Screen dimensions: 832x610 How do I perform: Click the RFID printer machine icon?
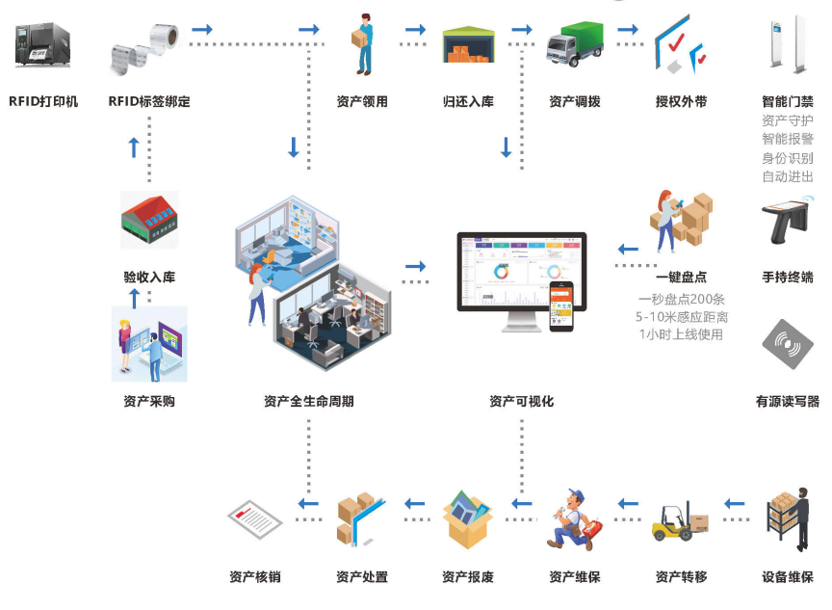(42, 44)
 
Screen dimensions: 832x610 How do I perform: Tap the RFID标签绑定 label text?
(149, 101)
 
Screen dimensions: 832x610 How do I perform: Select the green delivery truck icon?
(575, 44)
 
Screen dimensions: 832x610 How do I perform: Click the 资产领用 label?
(362, 101)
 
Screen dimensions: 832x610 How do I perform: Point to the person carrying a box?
(363, 44)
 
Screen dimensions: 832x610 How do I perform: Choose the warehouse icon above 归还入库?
(469, 44)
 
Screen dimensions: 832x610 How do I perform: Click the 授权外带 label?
(682, 101)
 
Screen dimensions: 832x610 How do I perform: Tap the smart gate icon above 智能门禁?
(788, 44)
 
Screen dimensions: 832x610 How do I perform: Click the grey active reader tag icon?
(788, 343)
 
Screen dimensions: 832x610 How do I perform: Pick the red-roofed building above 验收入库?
(149, 220)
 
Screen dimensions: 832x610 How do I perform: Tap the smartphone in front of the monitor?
(561, 306)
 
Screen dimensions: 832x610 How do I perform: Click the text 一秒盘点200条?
(682, 299)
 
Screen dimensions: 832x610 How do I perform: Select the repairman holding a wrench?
(574, 519)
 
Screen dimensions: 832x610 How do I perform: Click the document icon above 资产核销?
(254, 519)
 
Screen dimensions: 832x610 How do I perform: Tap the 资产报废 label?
(468, 576)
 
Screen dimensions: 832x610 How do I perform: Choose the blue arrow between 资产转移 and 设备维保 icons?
(735, 503)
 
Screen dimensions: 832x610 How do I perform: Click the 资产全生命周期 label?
(309, 401)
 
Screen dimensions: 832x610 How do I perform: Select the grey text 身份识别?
(788, 158)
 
